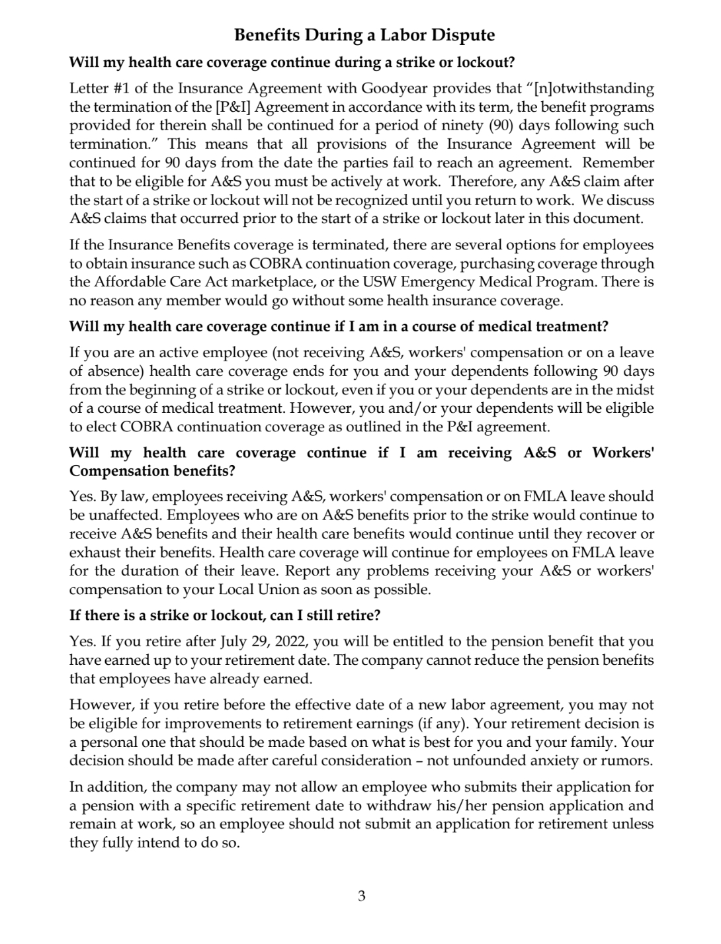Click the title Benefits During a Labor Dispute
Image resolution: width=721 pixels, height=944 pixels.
[x=364, y=35]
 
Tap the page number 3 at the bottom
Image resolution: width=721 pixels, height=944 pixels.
[x=361, y=896]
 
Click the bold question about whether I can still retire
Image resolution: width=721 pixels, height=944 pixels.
[x=225, y=615]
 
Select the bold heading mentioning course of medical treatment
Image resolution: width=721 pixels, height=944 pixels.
[x=339, y=326]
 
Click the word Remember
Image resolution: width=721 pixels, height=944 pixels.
[x=618, y=163]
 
